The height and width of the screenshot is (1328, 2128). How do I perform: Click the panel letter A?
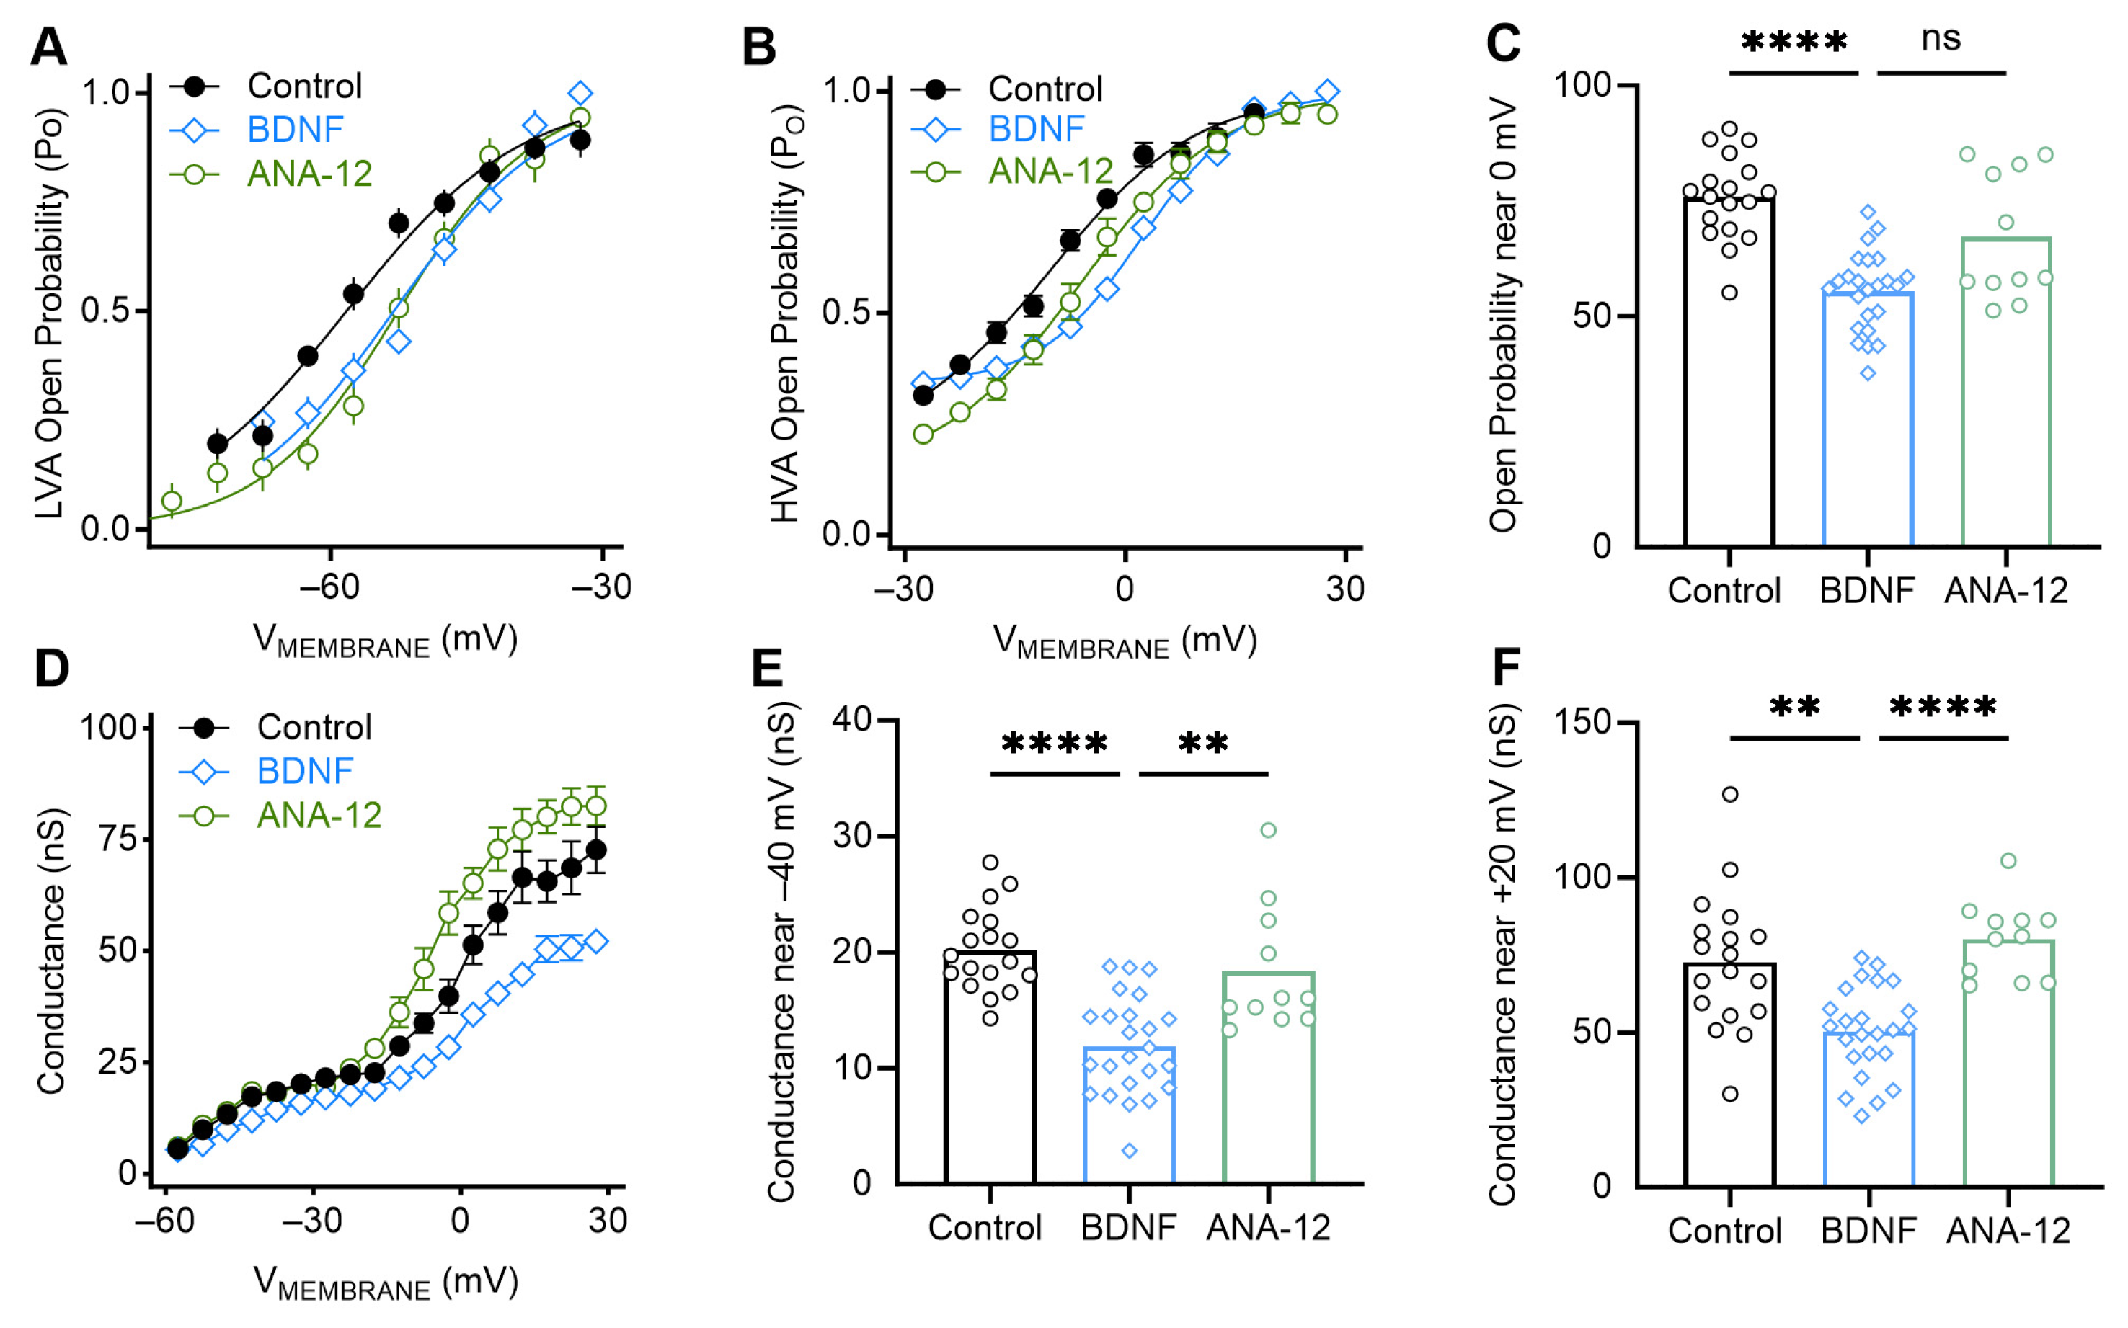pos(48,47)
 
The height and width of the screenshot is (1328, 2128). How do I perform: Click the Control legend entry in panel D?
pos(314,727)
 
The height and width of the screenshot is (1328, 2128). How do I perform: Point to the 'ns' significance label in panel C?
pos(1940,39)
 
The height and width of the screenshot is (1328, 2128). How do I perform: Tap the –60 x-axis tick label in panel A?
pos(329,587)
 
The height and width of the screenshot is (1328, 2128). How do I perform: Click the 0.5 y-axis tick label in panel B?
pos(847,313)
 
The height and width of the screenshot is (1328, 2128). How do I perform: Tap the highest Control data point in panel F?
pos(1729,794)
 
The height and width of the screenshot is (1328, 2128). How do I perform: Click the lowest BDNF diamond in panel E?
pos(1129,1151)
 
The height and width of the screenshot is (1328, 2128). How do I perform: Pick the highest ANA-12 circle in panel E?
pos(1268,830)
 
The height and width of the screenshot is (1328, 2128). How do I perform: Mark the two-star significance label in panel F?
pos(1794,706)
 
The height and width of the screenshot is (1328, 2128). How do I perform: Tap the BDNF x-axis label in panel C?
pos(1867,591)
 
